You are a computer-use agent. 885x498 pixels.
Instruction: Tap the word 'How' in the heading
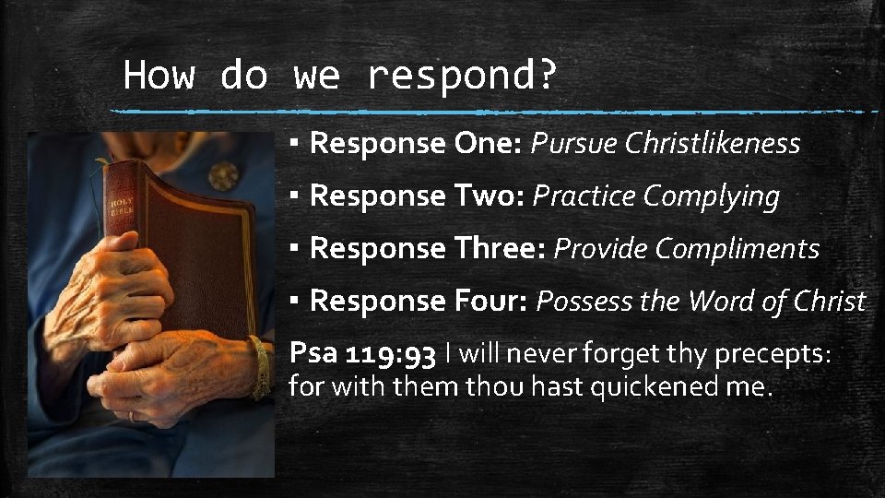click(x=159, y=74)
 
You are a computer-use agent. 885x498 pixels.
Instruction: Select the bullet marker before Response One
click(x=292, y=144)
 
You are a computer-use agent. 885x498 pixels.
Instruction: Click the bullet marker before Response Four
click(x=292, y=301)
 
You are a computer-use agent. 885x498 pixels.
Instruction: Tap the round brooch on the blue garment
click(x=223, y=176)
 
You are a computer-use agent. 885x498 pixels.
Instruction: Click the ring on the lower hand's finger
click(x=132, y=415)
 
